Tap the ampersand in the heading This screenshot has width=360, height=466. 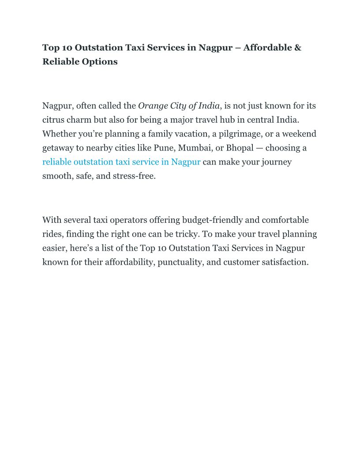298,48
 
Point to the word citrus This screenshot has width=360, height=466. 53,120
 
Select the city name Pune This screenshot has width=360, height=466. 164,148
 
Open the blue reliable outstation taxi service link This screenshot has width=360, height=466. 121,162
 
